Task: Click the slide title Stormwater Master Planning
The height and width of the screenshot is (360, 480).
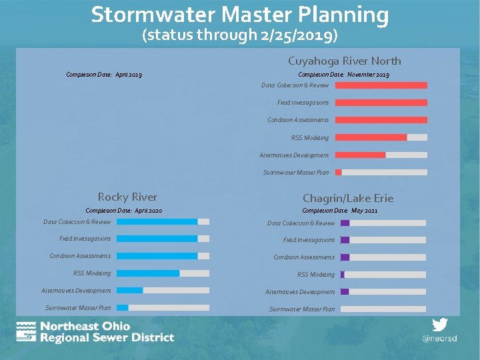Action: pyautogui.click(x=240, y=15)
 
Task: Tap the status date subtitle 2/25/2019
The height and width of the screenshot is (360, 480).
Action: pyautogui.click(x=240, y=35)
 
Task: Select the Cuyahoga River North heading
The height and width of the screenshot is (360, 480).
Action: pyautogui.click(x=344, y=61)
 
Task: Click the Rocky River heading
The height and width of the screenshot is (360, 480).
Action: pyautogui.click(x=127, y=197)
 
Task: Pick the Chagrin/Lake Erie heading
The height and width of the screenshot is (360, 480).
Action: pyautogui.click(x=347, y=198)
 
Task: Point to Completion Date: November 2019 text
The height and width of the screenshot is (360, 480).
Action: pyautogui.click(x=343, y=75)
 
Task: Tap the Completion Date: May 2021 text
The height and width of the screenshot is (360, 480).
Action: pyautogui.click(x=339, y=211)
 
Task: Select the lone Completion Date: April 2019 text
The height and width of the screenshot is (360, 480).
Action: pyautogui.click(x=104, y=75)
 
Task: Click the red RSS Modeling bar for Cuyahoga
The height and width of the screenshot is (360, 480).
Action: pyautogui.click(x=371, y=137)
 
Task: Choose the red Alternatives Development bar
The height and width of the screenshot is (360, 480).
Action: pyautogui.click(x=360, y=155)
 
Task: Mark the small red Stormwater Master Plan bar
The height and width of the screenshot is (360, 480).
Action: pyautogui.click(x=339, y=172)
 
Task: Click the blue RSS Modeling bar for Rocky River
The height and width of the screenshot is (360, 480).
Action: pyautogui.click(x=148, y=273)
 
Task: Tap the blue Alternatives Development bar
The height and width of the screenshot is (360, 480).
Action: pyautogui.click(x=130, y=291)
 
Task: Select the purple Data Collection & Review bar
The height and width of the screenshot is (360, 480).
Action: pyautogui.click(x=345, y=223)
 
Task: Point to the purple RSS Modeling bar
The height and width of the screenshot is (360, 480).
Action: pyautogui.click(x=342, y=275)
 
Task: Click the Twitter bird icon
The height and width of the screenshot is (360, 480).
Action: pyautogui.click(x=439, y=325)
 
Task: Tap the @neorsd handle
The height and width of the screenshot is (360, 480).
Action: pyautogui.click(x=439, y=339)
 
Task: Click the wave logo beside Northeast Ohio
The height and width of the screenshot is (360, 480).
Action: pyautogui.click(x=26, y=331)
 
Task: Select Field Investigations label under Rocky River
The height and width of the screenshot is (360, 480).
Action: pyautogui.click(x=85, y=239)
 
